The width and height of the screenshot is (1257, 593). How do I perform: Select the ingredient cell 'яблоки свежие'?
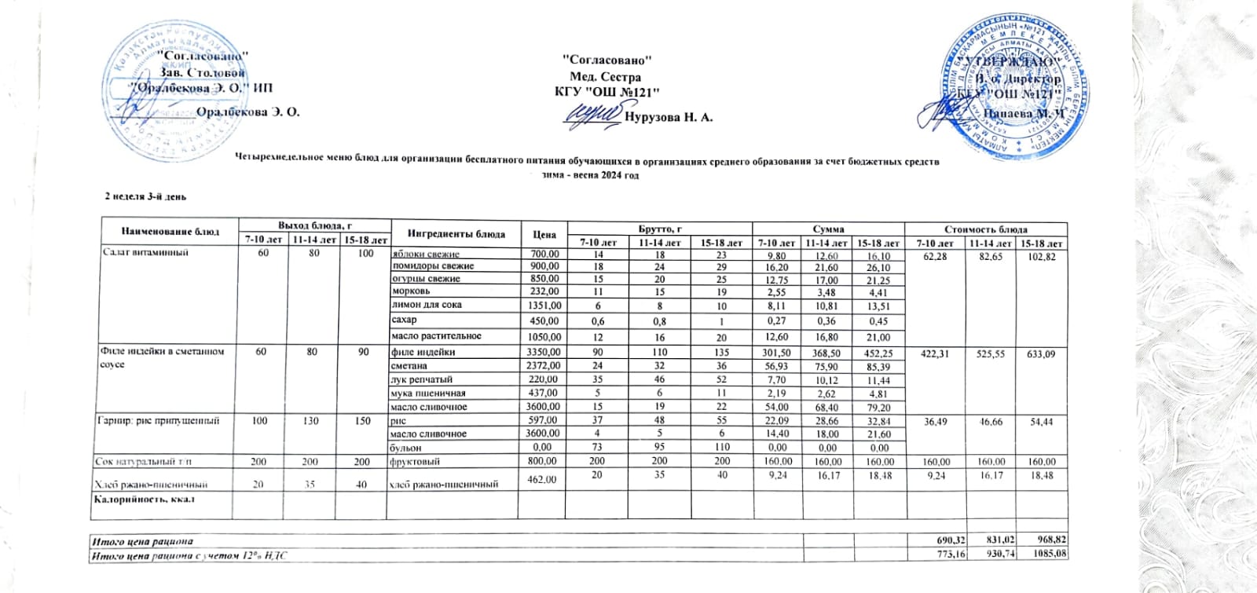click(x=425, y=254)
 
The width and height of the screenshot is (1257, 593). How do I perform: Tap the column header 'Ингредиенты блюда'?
click(x=445, y=233)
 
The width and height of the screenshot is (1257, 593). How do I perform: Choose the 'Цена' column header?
click(x=544, y=234)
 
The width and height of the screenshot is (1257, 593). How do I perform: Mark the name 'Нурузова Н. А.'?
click(x=669, y=117)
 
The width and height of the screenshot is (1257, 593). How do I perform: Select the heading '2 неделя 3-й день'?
click(x=145, y=196)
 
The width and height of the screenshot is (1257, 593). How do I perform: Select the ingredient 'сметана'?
click(x=409, y=366)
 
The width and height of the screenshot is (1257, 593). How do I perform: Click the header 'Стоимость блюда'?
click(x=986, y=229)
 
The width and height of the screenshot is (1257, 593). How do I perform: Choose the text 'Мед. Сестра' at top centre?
click(x=605, y=77)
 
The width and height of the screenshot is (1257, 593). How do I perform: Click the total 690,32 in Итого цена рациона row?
click(x=947, y=541)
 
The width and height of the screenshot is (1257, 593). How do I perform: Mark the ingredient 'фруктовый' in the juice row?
click(x=415, y=462)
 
